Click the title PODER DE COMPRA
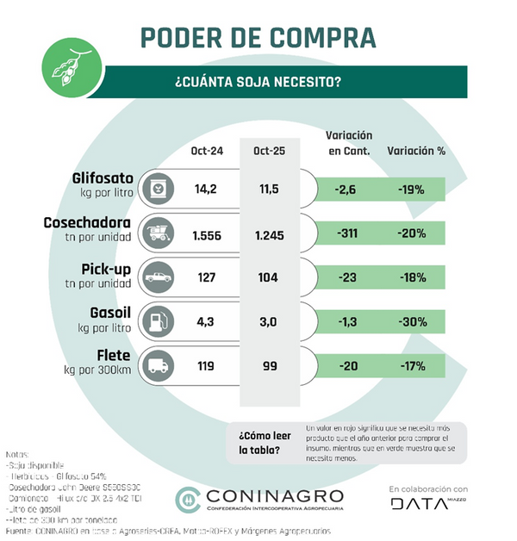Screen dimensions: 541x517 tap(258, 37)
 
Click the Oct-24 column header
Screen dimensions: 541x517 tap(207, 151)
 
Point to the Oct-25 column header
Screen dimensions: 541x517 tap(270, 151)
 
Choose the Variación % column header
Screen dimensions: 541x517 tap(416, 151)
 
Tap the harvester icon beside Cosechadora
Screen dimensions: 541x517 tap(159, 231)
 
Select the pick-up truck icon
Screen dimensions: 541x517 tap(159, 277)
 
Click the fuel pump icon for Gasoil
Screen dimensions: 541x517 tap(159, 321)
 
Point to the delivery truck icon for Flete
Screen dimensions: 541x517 tap(159, 366)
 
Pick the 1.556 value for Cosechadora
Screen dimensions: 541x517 tap(207, 232)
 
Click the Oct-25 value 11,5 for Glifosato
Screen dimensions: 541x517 tap(270, 187)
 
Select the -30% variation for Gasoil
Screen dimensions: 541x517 tap(414, 321)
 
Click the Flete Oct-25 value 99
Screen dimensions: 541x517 tap(270, 366)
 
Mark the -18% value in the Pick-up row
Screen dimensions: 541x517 tap(414, 277)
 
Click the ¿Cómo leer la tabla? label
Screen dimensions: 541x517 tap(265, 442)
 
